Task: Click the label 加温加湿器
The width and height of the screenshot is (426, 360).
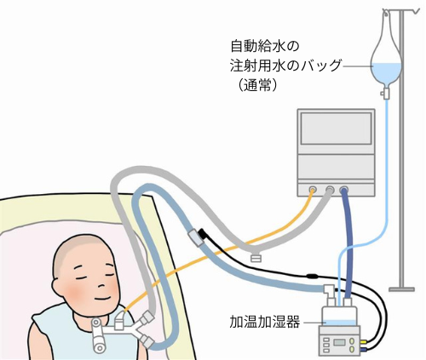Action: click(264, 323)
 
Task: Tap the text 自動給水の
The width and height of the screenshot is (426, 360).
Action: click(265, 47)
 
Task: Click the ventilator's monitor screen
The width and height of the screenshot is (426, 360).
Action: click(336, 128)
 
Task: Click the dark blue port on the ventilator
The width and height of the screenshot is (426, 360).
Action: click(344, 189)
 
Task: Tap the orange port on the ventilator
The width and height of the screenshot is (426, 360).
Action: click(313, 189)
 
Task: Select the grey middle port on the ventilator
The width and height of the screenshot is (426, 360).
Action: click(330, 189)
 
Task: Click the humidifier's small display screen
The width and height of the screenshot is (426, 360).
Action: click(339, 342)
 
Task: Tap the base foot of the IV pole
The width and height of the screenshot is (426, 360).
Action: click(401, 289)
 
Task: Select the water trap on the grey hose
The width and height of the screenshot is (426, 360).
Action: click(256, 257)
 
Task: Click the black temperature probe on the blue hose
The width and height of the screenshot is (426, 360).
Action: click(204, 234)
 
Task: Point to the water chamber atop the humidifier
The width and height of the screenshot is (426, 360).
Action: click(339, 316)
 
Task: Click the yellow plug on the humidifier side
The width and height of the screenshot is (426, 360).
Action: click(364, 342)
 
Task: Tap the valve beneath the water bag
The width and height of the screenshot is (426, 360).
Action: click(386, 93)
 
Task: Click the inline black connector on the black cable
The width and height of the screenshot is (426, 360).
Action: click(312, 276)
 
